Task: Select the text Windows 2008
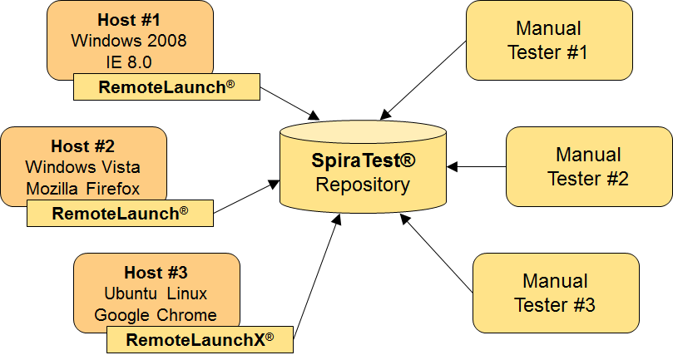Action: (x=129, y=40)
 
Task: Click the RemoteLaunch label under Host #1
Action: (x=166, y=86)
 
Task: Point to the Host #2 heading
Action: (x=82, y=146)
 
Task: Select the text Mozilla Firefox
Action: (x=83, y=188)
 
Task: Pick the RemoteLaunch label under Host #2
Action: (x=120, y=213)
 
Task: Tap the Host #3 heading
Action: (x=156, y=273)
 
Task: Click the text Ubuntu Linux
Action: (x=156, y=293)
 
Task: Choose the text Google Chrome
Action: (x=156, y=314)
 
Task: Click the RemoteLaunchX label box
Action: (x=200, y=339)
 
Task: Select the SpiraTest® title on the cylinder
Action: (x=363, y=161)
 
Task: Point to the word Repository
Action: (x=363, y=184)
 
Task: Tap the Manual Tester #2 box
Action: (x=588, y=166)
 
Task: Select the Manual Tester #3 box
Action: (x=555, y=293)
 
